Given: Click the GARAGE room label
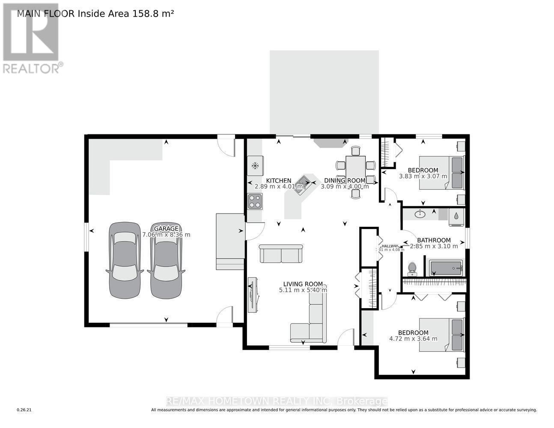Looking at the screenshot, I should (x=166, y=229).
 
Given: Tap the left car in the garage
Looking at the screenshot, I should (x=125, y=260).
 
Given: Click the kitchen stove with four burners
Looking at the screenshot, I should (x=255, y=201).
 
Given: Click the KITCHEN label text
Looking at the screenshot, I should (x=279, y=181).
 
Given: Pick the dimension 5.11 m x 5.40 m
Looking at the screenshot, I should (x=303, y=290).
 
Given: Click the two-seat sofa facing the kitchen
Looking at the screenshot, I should (x=281, y=254).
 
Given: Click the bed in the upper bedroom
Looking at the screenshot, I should (x=441, y=172).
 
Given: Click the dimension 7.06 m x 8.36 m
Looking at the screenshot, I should (x=166, y=235).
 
